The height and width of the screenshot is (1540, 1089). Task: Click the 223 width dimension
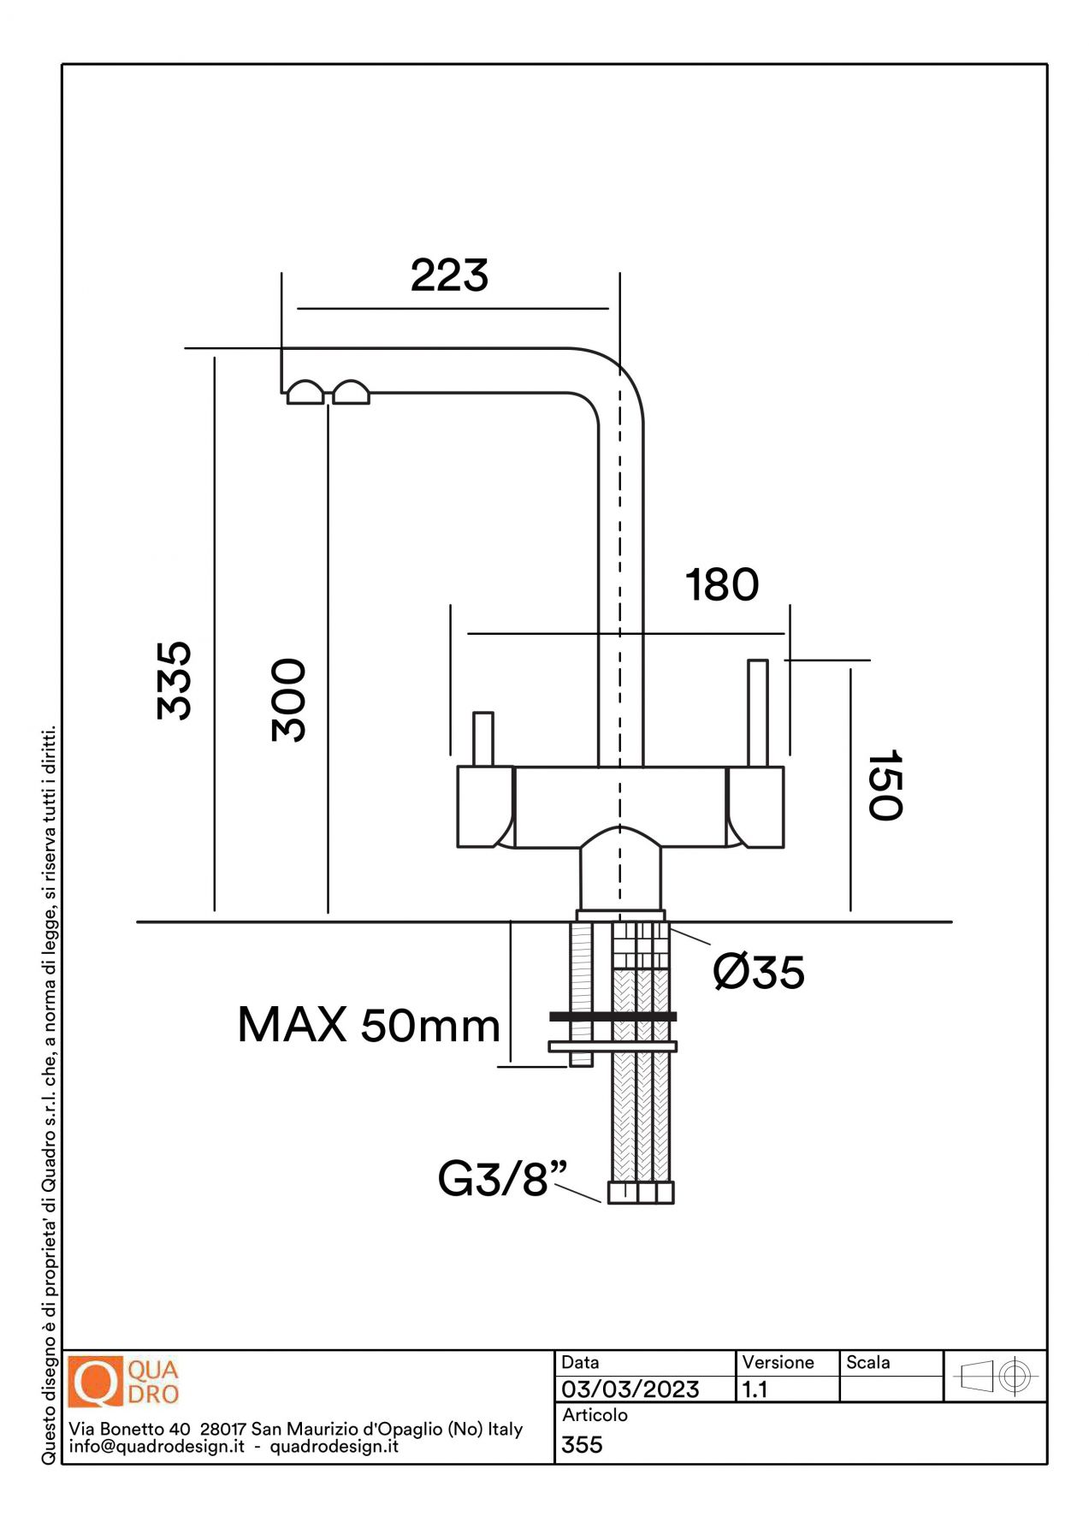[449, 275]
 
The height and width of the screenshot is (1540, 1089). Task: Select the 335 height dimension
[175, 680]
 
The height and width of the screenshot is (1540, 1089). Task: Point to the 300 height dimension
[288, 700]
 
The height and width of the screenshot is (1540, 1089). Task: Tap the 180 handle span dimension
[722, 585]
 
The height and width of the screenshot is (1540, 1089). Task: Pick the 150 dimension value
[885, 785]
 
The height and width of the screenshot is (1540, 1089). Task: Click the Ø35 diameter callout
[759, 973]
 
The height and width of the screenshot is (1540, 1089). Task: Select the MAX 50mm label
[368, 1025]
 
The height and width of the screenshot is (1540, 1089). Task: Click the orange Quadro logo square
[95, 1382]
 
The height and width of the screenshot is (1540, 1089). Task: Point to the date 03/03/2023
[630, 1389]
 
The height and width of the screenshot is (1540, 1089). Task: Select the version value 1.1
[755, 1389]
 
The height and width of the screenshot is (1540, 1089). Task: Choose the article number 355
[583, 1445]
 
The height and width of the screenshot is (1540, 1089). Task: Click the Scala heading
[867, 1363]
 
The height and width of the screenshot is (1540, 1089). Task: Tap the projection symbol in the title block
[996, 1377]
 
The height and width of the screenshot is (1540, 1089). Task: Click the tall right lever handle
[758, 712]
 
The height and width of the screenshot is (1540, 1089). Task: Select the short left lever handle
[483, 738]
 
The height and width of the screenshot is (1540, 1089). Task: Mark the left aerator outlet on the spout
[305, 393]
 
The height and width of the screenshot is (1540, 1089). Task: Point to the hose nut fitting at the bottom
[641, 1193]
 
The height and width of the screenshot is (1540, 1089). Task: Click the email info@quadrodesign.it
[157, 1447]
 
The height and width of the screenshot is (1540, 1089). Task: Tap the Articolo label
[595, 1416]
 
